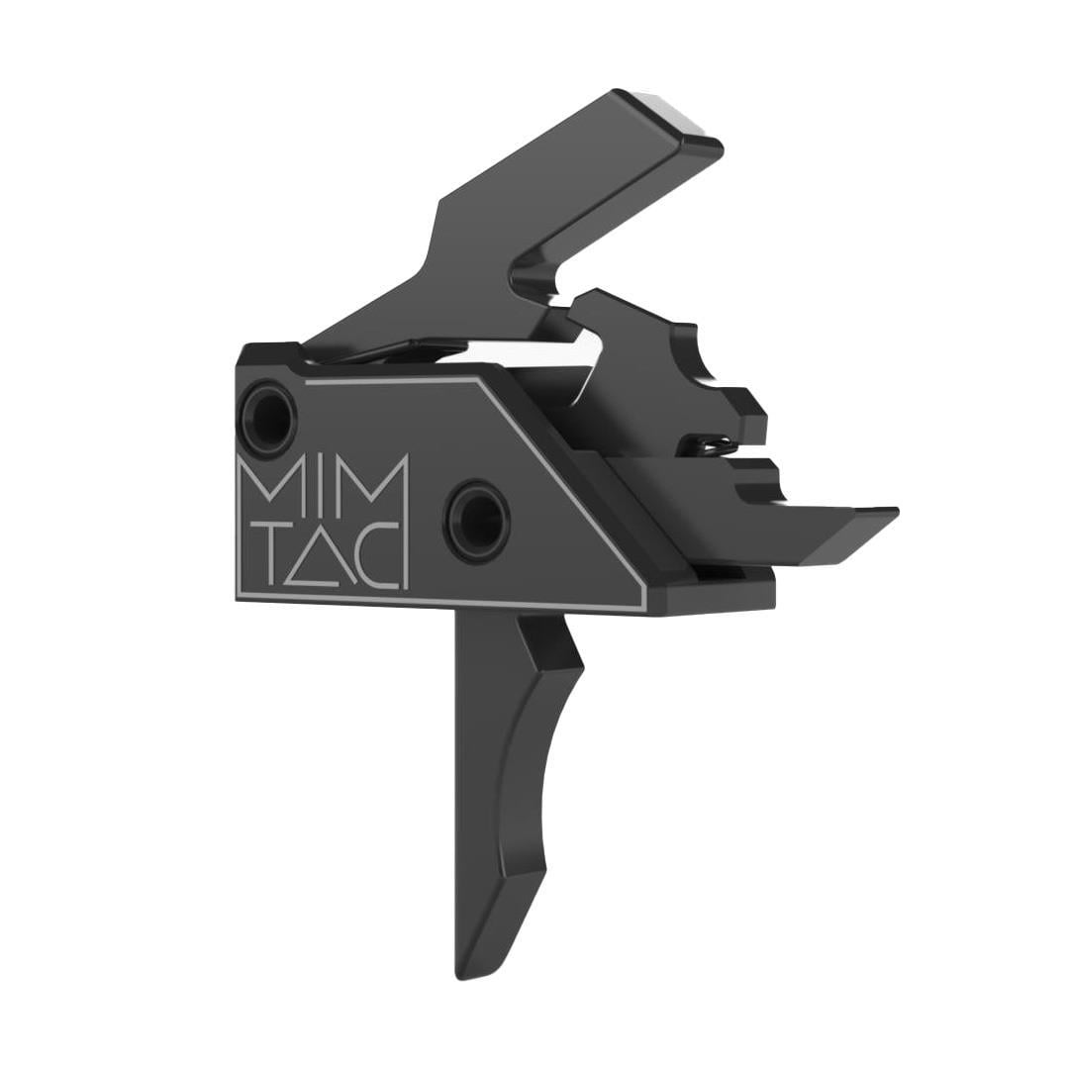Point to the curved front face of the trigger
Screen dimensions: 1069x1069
538,770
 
